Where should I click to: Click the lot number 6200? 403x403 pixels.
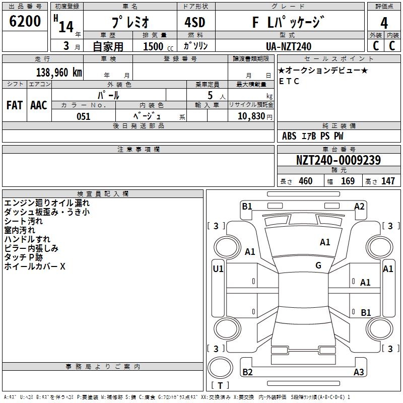pos(25,22)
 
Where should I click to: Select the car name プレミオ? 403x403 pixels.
pos(129,23)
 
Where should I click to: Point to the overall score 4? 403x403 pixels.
pos(384,23)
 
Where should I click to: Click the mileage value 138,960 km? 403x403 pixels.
pos(59,72)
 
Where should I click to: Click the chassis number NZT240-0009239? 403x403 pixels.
pos(338,160)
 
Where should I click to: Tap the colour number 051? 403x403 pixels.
pos(83,116)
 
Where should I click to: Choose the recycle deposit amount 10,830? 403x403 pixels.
pos(250,116)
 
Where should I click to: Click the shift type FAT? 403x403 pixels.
pos(15,105)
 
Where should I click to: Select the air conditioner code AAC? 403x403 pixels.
pos(39,105)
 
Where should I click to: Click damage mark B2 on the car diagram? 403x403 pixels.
pos(247,372)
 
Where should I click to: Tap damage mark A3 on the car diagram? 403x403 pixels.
pos(359,372)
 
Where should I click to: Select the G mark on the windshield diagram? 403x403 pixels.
pos(318,265)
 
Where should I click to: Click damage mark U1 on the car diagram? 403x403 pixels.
pos(218,269)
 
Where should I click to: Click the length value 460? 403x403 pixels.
pos(305,181)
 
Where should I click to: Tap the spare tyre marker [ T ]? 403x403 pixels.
pos(220,386)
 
